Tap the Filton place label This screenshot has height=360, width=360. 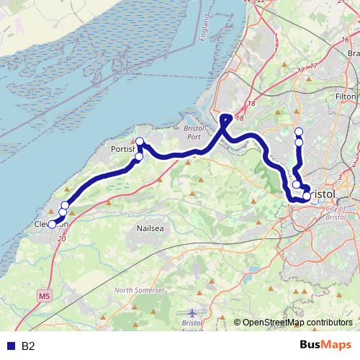[346, 96]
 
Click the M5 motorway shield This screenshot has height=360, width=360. [45, 296]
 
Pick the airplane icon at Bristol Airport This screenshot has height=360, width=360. [192, 313]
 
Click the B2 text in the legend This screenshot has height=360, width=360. [28, 346]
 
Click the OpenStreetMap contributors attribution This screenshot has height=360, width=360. [297, 323]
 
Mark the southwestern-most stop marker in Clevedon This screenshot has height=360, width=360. [52, 224]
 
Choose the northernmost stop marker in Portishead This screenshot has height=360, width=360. [140, 141]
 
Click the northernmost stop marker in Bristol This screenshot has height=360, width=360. [299, 132]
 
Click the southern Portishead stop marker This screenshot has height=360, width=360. [139, 156]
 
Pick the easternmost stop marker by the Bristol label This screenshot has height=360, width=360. [307, 196]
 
